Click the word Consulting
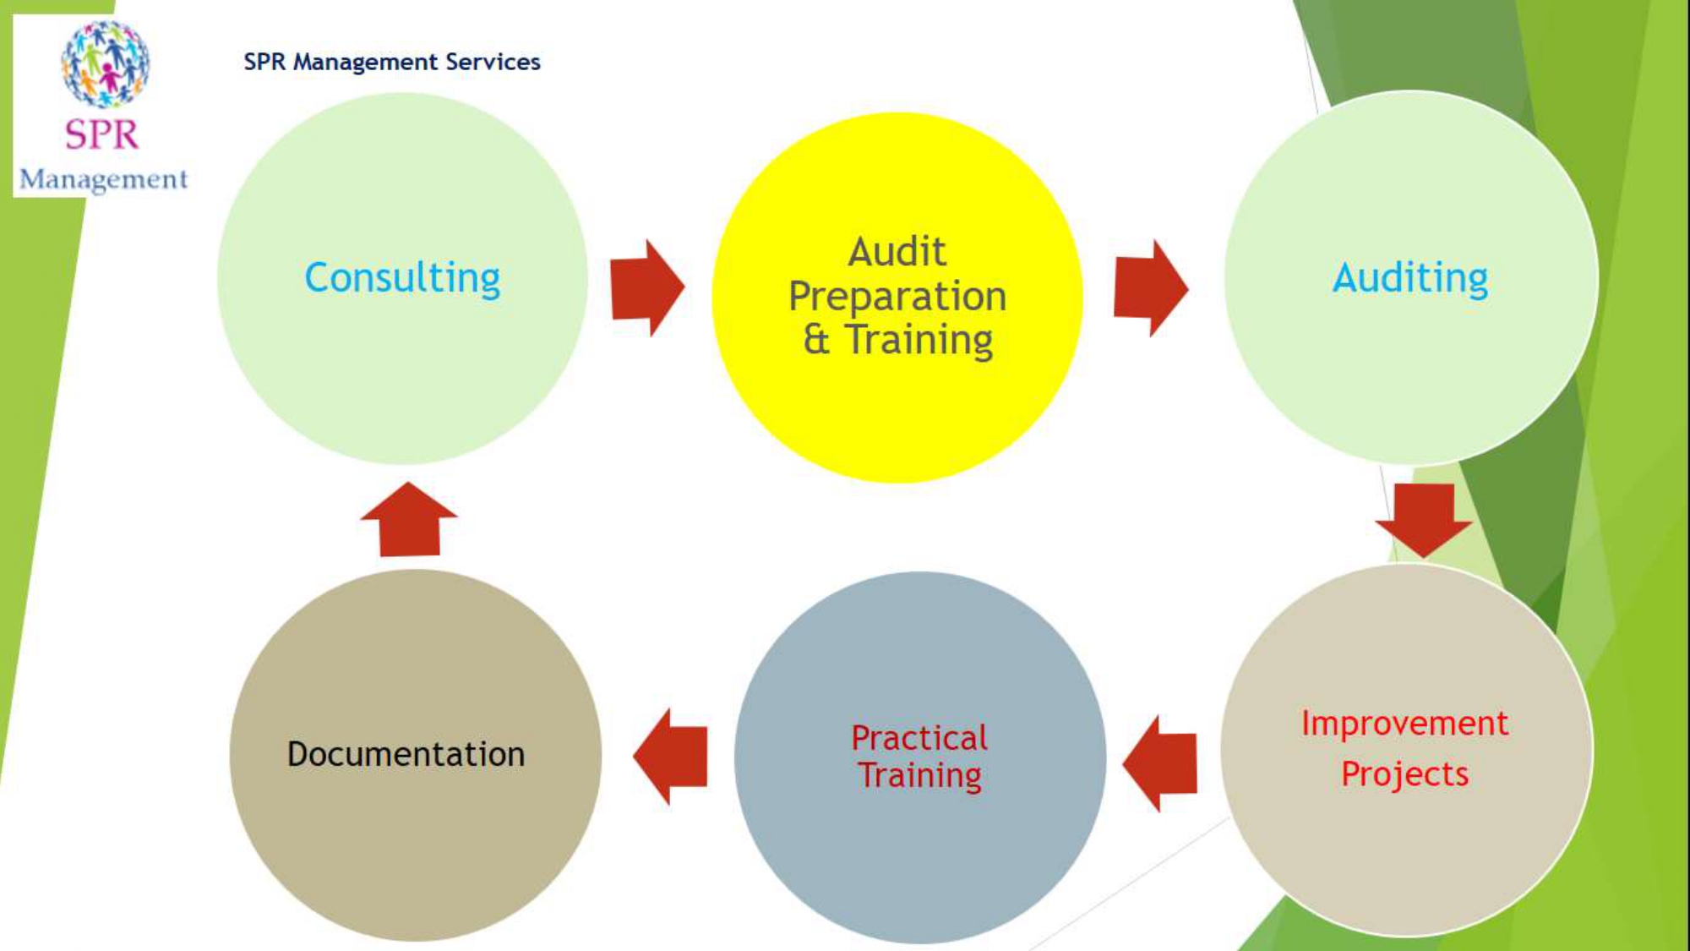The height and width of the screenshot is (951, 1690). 402,278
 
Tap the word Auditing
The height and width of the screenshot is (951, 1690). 1410,278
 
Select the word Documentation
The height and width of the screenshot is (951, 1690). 406,754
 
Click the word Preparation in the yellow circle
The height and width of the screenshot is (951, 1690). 897,297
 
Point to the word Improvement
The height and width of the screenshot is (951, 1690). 1404,724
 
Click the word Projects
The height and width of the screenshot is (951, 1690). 1404,774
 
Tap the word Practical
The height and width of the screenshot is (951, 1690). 919,738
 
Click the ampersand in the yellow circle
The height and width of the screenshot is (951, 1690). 816,340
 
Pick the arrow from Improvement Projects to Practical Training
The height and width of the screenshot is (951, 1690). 1161,763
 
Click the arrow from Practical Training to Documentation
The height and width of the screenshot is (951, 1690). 671,756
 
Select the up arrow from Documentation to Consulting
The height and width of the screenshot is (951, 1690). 409,520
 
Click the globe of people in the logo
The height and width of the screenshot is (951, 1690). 105,64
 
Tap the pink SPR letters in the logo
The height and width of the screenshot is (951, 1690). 101,134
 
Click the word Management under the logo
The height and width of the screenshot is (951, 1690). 103,179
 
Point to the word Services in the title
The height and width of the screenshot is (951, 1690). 493,62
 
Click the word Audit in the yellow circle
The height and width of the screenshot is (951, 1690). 897,252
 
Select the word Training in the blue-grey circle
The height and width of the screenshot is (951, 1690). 919,776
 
